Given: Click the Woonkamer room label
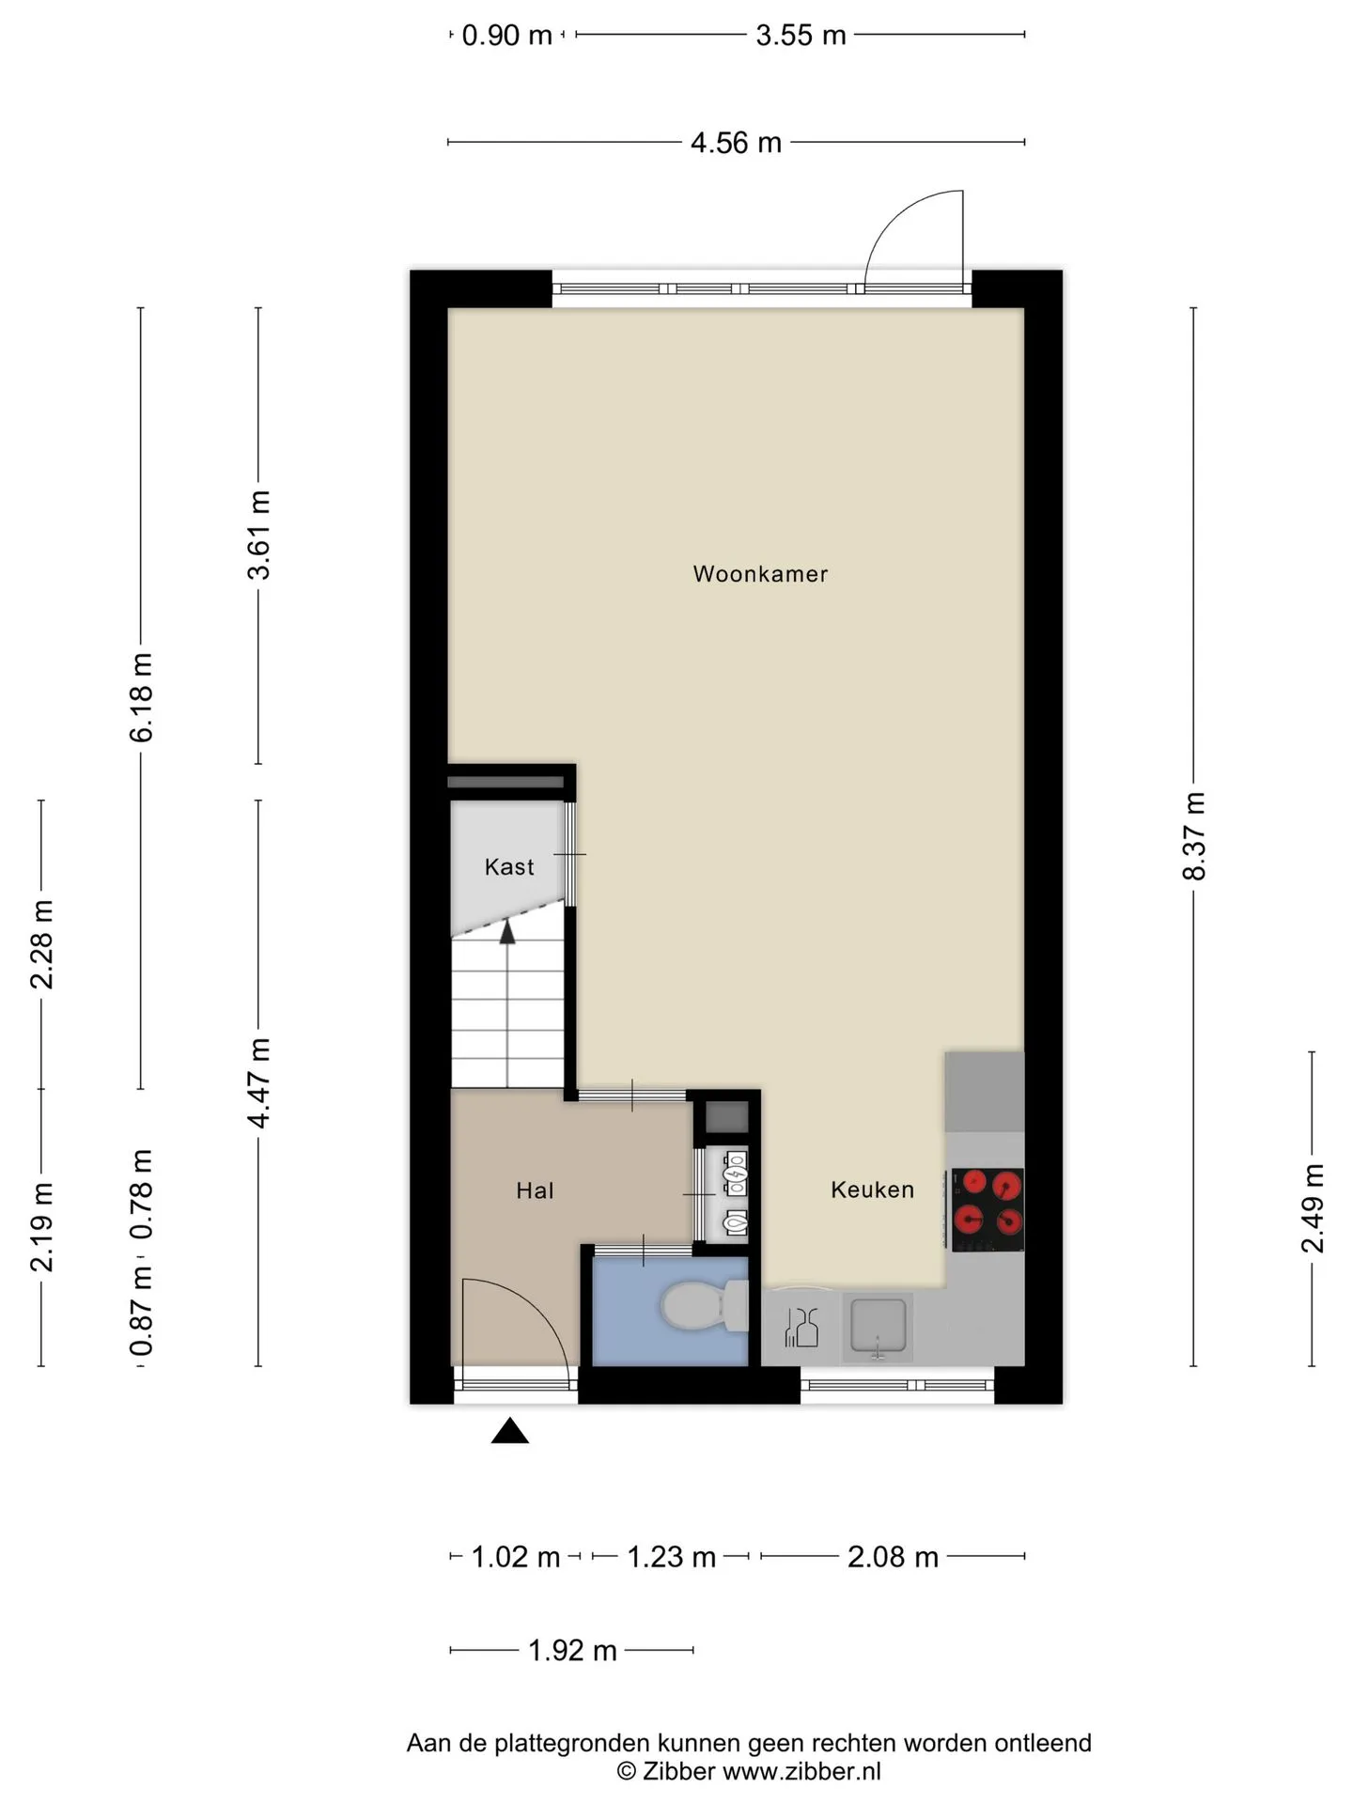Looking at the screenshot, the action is tap(760, 574).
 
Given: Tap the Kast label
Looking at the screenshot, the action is tap(509, 866).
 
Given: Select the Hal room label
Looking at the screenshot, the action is tap(535, 1190).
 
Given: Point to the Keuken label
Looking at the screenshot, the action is tap(872, 1190).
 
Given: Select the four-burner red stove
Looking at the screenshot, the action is tap(988, 1210).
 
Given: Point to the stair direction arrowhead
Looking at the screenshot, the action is tap(507, 931).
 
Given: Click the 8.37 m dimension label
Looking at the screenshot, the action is tap(1193, 836).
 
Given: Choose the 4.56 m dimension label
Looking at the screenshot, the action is tap(736, 143).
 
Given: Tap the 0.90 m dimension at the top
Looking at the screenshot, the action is tap(507, 36).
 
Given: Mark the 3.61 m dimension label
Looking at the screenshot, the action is tap(258, 535).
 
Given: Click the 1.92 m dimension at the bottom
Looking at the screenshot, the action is tap(572, 1650).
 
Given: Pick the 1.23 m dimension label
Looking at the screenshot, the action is tap(671, 1557).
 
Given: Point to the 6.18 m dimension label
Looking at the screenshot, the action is tap(141, 697).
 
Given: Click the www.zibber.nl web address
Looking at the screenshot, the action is tap(801, 1771).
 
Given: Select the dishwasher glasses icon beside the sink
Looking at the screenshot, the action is tap(801, 1327).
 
